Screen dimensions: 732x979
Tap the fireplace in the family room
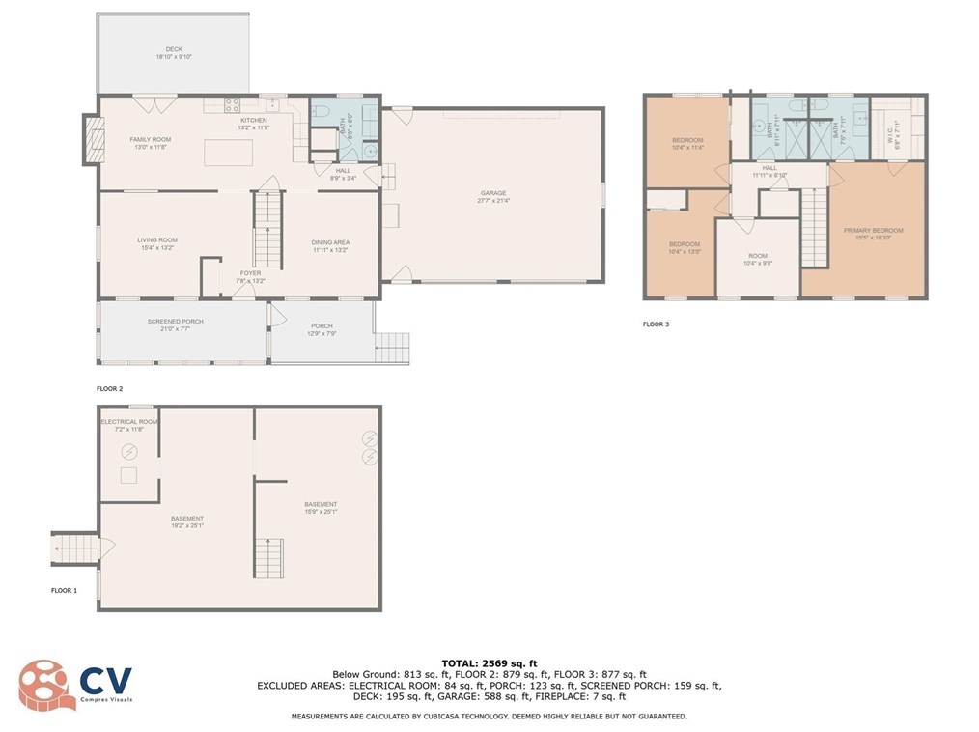coord(93,141)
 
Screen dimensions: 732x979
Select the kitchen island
coord(228,153)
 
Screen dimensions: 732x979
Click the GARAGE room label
coord(492,193)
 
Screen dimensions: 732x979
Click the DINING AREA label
coord(329,242)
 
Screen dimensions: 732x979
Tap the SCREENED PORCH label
coord(175,322)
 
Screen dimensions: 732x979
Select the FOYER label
coord(251,273)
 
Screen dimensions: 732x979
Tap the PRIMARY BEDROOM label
coord(873,231)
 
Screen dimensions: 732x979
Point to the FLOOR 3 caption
coord(656,324)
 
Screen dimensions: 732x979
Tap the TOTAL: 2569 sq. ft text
coord(489,662)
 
